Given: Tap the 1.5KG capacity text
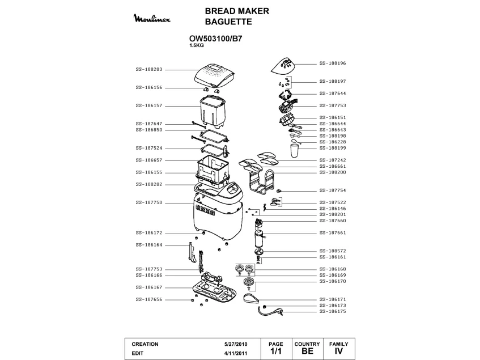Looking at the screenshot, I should pyautogui.click(x=197, y=46).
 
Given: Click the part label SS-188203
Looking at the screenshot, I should pyautogui.click(x=149, y=69).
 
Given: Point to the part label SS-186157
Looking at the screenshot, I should pyautogui.click(x=149, y=105).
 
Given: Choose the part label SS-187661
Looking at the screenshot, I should pyautogui.click(x=333, y=232).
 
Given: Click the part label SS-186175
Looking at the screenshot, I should pyautogui.click(x=333, y=311).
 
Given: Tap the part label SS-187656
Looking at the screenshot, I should pyautogui.click(x=149, y=299).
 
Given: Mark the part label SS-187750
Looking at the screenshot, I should pyautogui.click(x=149, y=202).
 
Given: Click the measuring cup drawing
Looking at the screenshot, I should pyautogui.click(x=294, y=151).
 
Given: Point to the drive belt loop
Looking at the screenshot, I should pyautogui.click(x=250, y=299).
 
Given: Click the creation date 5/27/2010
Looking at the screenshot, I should pyautogui.click(x=235, y=344).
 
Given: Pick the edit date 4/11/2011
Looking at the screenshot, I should pyautogui.click(x=235, y=353).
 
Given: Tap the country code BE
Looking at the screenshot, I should pyautogui.click(x=308, y=351).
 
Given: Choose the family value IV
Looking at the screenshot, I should pyautogui.click(x=338, y=351).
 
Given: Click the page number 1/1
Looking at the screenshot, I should pyautogui.click(x=276, y=351).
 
